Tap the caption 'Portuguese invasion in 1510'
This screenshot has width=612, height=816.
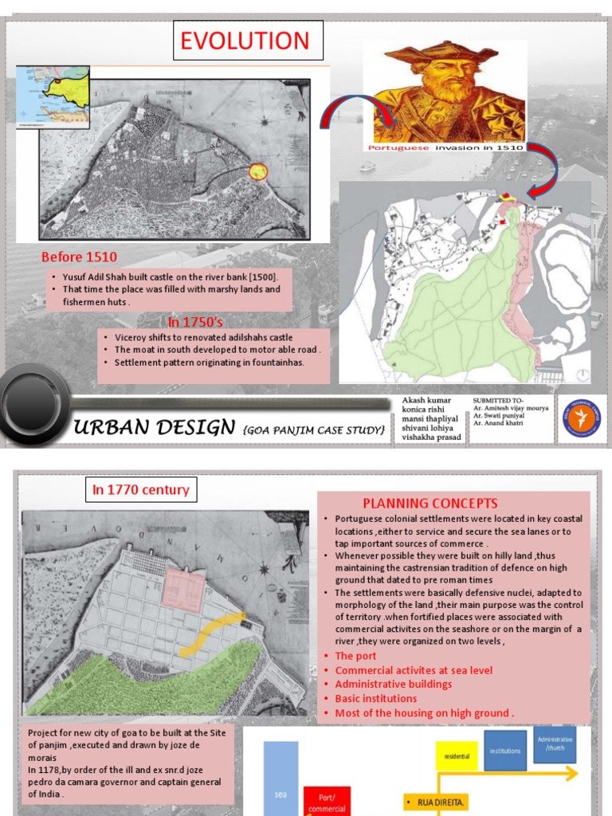(x=445, y=147)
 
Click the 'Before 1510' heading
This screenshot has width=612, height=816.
(x=79, y=257)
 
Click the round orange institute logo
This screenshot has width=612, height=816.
(x=582, y=418)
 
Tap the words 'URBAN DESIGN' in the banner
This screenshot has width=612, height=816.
(x=155, y=429)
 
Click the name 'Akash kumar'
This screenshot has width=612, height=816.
(x=427, y=400)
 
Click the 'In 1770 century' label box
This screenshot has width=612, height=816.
(x=140, y=489)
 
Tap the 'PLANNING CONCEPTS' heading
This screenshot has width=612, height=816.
(x=430, y=503)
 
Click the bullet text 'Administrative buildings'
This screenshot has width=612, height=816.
(x=393, y=685)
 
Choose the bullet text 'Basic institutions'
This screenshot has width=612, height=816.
(x=375, y=699)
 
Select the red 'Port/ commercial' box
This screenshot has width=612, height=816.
(x=327, y=801)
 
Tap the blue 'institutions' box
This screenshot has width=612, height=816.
(x=505, y=751)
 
